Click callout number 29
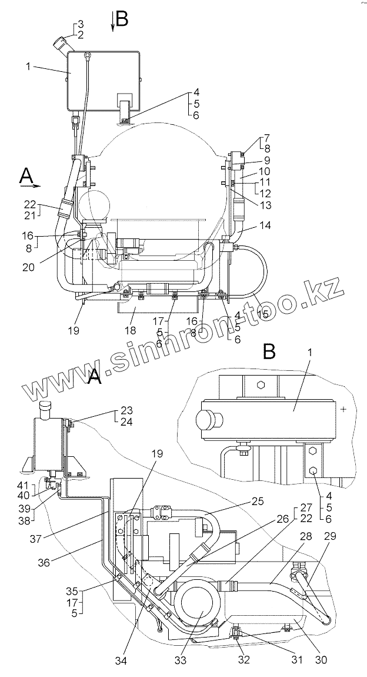(331, 536)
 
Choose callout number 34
(121, 661)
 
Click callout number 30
(321, 660)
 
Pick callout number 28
(305, 536)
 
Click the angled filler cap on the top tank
(62, 44)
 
